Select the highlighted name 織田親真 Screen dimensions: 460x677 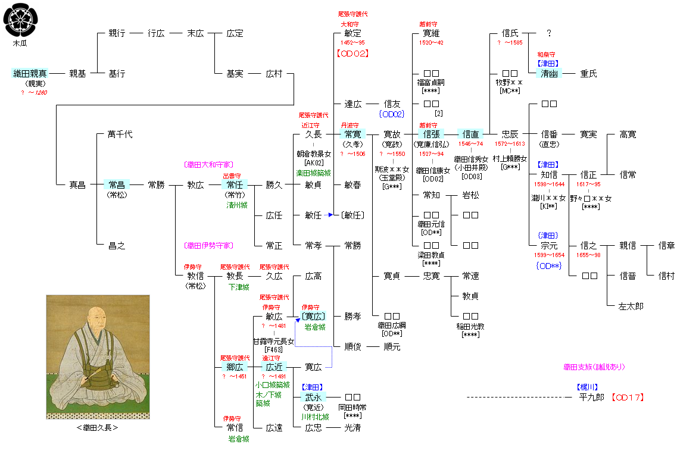(30, 74)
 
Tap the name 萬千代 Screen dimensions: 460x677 (120, 134)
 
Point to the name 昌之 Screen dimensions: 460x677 (117, 246)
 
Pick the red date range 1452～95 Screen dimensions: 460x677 (353, 43)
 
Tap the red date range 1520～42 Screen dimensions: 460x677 (431, 43)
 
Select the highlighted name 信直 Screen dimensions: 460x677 (470, 134)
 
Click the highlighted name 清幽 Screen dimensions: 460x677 (549, 74)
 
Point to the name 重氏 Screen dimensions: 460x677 (588, 74)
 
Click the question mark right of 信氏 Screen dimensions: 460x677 (548, 34)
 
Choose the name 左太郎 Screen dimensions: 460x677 (631, 306)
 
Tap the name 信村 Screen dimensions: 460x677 (667, 276)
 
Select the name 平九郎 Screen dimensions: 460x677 (591, 398)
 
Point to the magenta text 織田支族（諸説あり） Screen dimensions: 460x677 (594, 367)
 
